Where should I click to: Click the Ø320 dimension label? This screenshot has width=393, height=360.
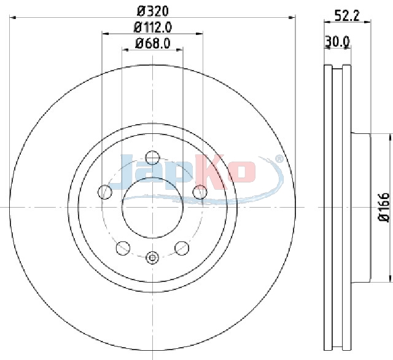(x=153, y=11)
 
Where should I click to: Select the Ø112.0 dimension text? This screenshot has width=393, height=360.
(x=153, y=27)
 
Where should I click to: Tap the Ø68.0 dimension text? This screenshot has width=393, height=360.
(x=153, y=43)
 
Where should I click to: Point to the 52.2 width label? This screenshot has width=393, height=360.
(x=348, y=16)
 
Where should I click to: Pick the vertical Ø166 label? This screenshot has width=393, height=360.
(x=383, y=207)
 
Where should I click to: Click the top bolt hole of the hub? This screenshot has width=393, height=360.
(x=152, y=158)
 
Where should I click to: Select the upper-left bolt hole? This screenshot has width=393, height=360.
(x=105, y=192)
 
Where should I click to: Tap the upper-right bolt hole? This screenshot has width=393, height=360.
(x=200, y=192)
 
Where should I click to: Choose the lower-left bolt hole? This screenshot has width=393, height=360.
(x=123, y=248)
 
